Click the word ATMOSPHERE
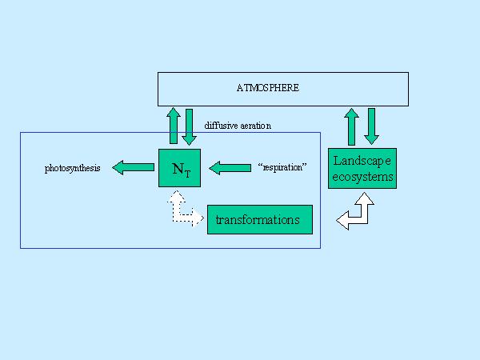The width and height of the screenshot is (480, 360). pos(268,87)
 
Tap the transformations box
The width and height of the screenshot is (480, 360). pos(259,219)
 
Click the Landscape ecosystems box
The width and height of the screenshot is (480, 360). pos(362,168)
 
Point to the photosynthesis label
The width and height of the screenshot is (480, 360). pos(72,169)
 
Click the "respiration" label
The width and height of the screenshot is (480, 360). pos(283,169)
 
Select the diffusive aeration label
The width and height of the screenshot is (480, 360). pos(238,126)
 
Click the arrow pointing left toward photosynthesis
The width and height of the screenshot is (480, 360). pos(133,168)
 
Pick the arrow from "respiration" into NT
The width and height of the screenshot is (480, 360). pos(230,168)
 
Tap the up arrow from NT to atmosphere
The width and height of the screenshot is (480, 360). pos(174,126)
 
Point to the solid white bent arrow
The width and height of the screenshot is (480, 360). pos(356,212)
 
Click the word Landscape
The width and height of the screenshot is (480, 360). pos(362,161)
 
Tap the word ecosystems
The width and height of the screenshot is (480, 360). pos(362,176)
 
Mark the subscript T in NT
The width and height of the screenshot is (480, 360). pos(188,172)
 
